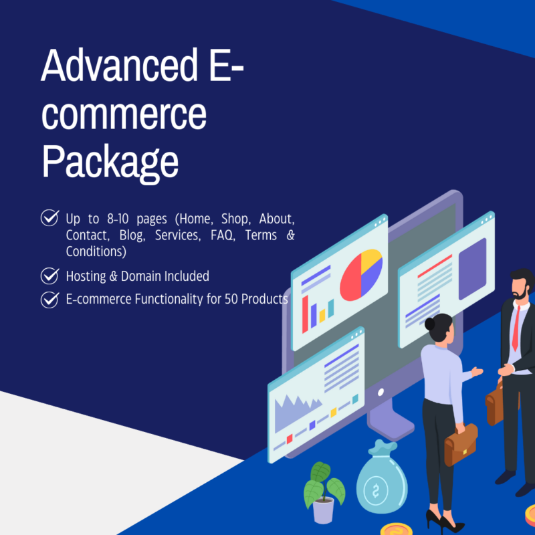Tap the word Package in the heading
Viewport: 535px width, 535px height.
pyautogui.click(x=110, y=160)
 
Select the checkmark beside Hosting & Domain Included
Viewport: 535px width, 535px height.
pyautogui.click(x=49, y=276)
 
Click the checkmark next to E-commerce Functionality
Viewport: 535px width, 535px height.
pyautogui.click(x=49, y=299)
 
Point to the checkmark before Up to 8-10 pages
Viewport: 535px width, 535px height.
pyautogui.click(x=49, y=218)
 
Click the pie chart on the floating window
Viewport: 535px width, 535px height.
pyautogui.click(x=361, y=274)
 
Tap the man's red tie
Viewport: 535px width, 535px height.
pyautogui.click(x=516, y=328)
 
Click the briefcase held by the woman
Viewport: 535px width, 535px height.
pyautogui.click(x=461, y=445)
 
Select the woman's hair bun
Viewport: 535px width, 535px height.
pyautogui.click(x=430, y=324)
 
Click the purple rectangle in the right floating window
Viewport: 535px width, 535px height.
pyautogui.click(x=471, y=267)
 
